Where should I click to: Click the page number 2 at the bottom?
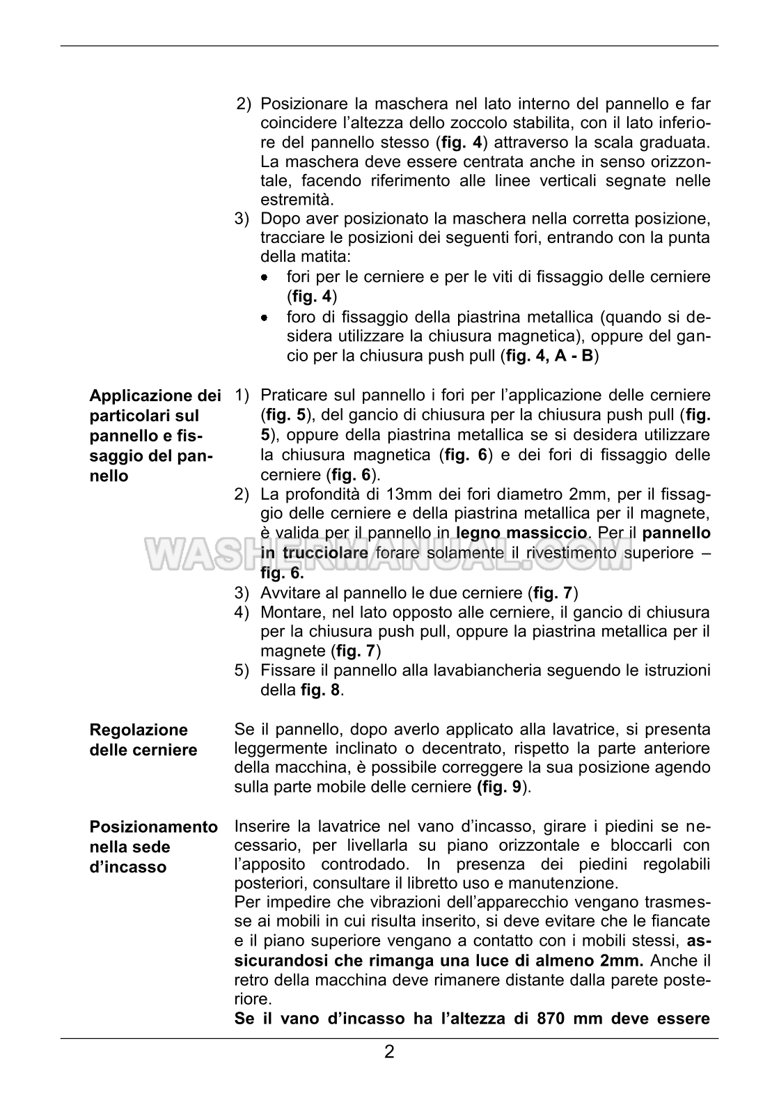(x=389, y=1071)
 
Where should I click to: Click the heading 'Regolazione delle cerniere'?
(x=143, y=739)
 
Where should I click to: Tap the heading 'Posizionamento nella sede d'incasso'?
(x=153, y=847)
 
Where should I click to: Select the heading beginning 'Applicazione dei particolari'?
(x=155, y=436)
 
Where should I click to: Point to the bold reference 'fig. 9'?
(x=500, y=787)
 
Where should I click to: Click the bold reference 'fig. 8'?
(x=322, y=690)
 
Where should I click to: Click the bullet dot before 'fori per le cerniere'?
(x=265, y=277)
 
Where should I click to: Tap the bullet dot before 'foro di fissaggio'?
(x=265, y=318)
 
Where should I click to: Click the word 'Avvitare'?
(x=290, y=593)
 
